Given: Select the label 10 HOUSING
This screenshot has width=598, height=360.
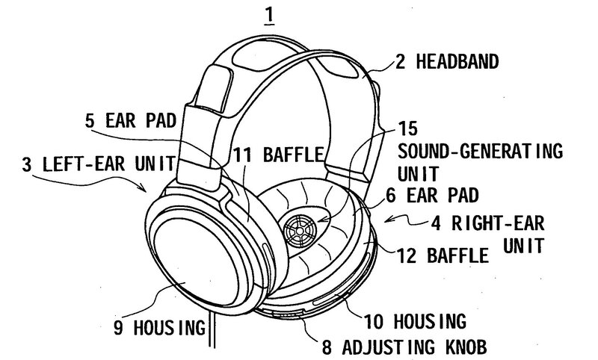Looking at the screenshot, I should (x=416, y=321).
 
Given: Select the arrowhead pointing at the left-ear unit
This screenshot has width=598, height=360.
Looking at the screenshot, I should (x=149, y=189).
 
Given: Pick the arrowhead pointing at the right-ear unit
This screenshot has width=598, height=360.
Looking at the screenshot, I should (x=386, y=221).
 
